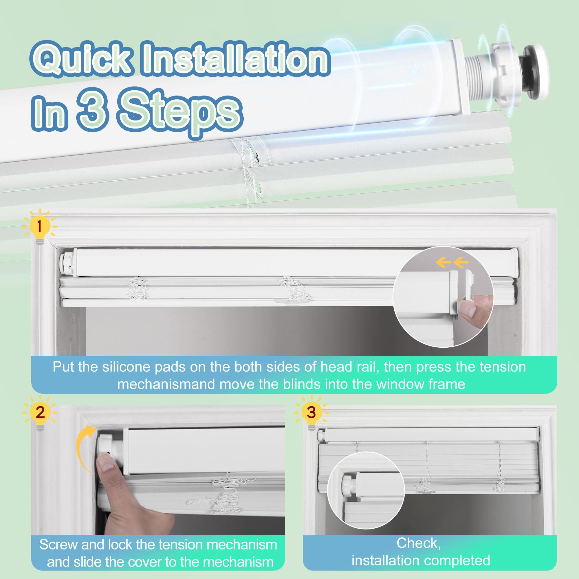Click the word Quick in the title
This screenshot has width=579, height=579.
80,58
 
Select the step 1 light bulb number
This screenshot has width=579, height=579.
39,227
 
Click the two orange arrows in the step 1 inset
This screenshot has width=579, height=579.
452,263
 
